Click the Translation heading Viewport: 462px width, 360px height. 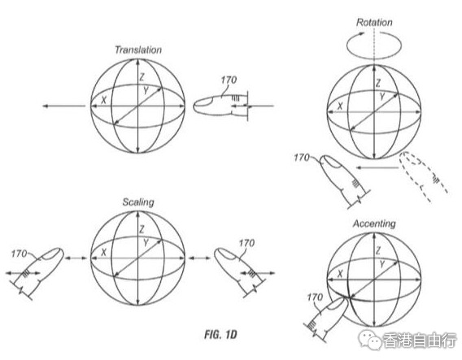click(x=138, y=50)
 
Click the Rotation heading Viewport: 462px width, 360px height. click(x=374, y=23)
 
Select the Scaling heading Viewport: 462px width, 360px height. click(x=138, y=202)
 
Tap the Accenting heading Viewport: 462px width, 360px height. click(x=374, y=223)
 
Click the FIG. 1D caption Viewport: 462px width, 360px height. click(x=220, y=335)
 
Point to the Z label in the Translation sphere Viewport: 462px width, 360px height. click(x=142, y=77)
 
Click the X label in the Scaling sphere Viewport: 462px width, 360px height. click(x=104, y=252)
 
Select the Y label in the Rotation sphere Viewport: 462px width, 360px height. click(x=382, y=97)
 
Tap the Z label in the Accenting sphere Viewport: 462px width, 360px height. click(x=378, y=251)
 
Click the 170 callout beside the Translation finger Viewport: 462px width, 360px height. click(x=229, y=80)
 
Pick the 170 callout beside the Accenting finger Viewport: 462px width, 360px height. click(x=315, y=297)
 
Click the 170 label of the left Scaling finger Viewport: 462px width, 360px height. click(x=20, y=254)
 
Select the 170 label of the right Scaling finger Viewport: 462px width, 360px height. click(x=246, y=243)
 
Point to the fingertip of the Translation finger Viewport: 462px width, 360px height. click(x=194, y=106)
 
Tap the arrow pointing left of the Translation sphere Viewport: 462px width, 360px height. click(x=64, y=106)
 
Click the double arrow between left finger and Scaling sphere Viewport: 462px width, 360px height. click(x=76, y=258)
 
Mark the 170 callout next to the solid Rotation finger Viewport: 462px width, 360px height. click(x=302, y=158)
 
